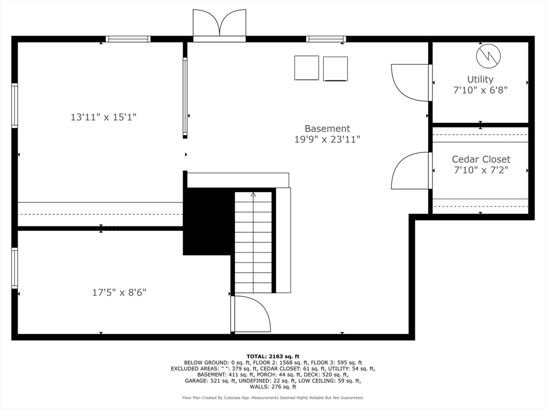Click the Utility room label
tap(480, 79)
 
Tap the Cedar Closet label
tap(481, 159)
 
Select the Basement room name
tap(327, 128)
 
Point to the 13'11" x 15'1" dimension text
tap(103, 117)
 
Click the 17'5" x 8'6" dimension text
tap(119, 292)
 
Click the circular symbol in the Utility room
tap(489, 56)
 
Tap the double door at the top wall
tap(219, 26)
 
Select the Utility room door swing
tap(409, 82)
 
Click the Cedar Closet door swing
tap(409, 171)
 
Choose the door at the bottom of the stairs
tap(251, 315)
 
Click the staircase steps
tap(253, 245)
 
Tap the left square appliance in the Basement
tap(306, 68)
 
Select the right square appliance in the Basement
tap(335, 69)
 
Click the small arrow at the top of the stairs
tap(253, 195)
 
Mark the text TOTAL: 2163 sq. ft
tap(272, 356)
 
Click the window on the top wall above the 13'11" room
tap(128, 39)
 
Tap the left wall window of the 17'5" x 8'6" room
tap(15, 268)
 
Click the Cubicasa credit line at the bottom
tap(272, 397)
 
